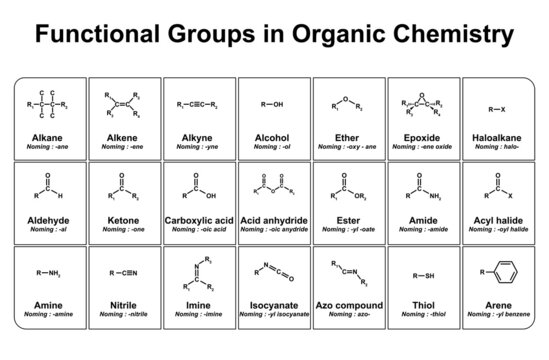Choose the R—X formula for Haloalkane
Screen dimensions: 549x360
pyautogui.click(x=497, y=107)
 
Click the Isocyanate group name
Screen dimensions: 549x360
pyautogui.click(x=274, y=304)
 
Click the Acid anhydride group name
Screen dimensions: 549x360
pyautogui.click(x=274, y=219)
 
